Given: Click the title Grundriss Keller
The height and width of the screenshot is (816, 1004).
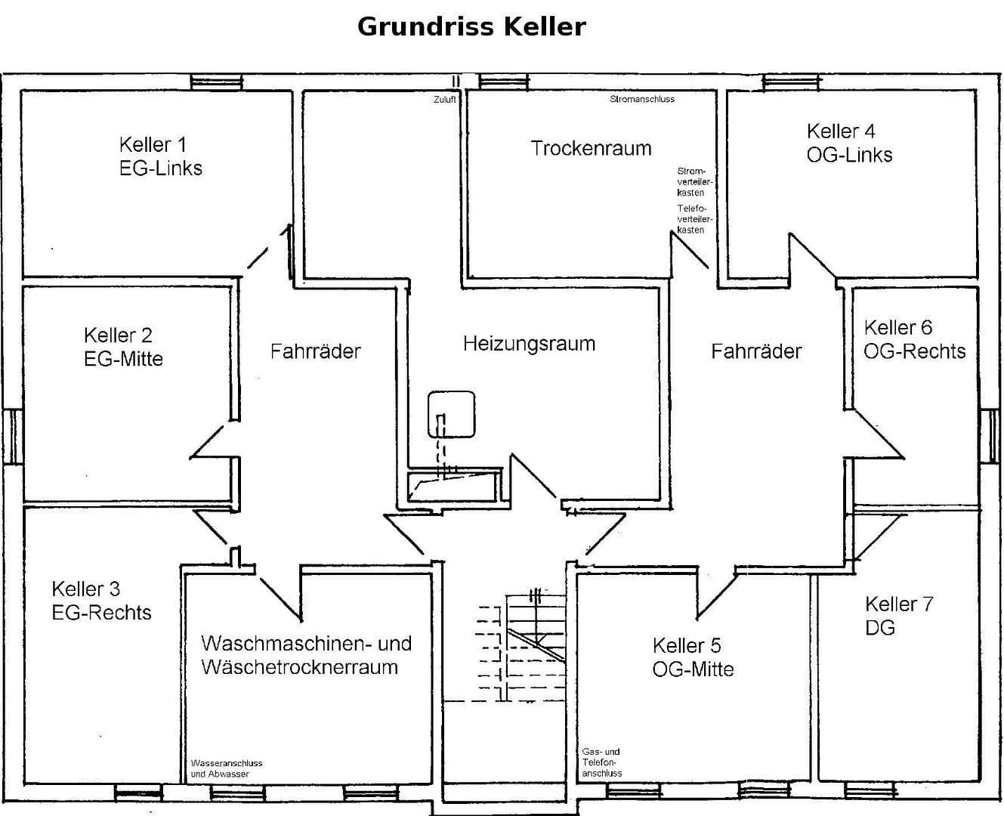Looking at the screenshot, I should (x=471, y=26).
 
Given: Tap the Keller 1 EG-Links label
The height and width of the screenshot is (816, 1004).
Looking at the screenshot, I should (x=160, y=156).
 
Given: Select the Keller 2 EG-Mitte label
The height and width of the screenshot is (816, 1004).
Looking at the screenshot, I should (x=123, y=347).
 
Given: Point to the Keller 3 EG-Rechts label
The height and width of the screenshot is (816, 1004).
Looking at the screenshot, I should (x=101, y=601).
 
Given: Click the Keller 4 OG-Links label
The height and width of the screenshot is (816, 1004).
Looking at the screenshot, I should (x=849, y=143).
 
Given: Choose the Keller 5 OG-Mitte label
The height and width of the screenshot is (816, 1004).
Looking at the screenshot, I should (x=693, y=657).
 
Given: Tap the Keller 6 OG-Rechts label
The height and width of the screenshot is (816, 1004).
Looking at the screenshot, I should (x=914, y=339).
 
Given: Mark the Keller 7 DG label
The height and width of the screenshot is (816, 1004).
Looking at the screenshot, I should (x=898, y=616).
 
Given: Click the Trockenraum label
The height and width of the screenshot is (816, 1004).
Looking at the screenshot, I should (x=591, y=148).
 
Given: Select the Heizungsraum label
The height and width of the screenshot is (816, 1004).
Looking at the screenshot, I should (x=529, y=344).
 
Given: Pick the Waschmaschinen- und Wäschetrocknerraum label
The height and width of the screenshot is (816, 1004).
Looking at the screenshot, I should (x=306, y=655).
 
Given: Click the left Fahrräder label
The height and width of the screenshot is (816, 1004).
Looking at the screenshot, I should (x=316, y=351).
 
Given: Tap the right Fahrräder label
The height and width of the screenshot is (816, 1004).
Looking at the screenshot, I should (x=755, y=351).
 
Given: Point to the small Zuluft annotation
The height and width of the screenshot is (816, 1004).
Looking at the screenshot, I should (x=444, y=100).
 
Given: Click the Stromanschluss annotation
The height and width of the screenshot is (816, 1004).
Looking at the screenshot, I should (x=642, y=100).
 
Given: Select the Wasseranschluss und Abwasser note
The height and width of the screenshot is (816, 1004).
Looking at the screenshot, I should (x=227, y=768).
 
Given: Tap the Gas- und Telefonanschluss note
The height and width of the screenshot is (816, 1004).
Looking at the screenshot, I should (x=602, y=762).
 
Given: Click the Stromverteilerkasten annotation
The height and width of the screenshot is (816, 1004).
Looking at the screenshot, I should (x=690, y=182).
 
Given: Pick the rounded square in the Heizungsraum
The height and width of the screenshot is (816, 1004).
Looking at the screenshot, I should (x=451, y=414).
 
